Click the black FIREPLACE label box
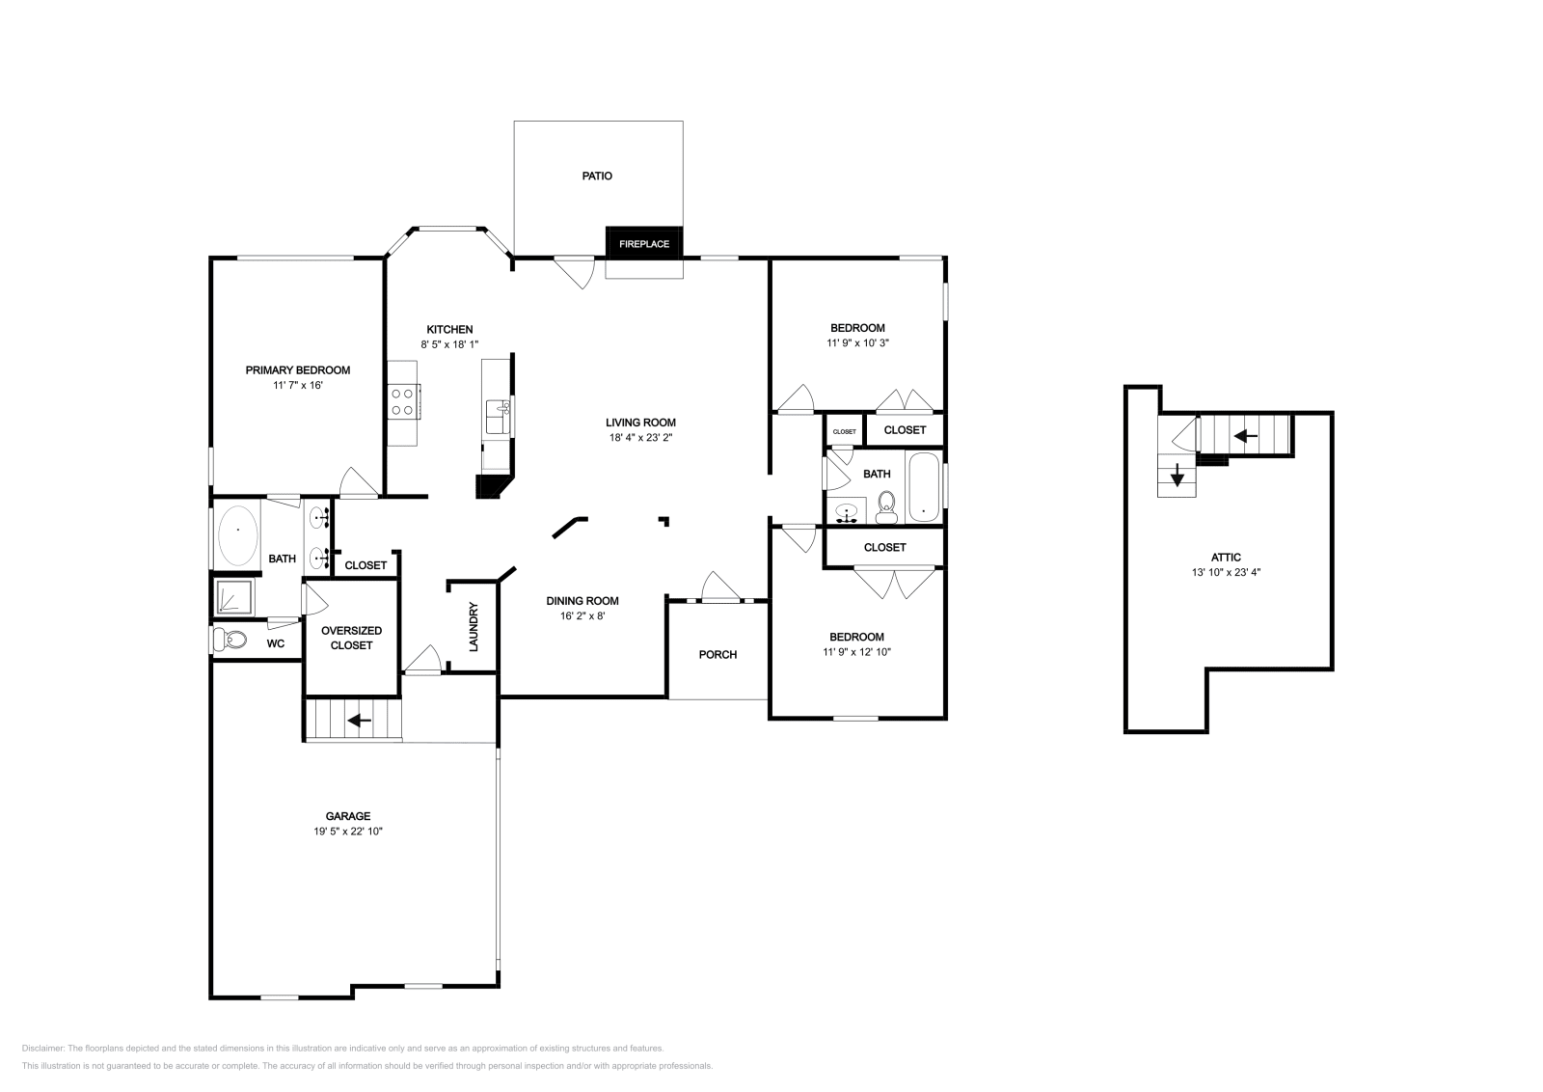pyautogui.click(x=644, y=244)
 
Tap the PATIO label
pyautogui.click(x=597, y=177)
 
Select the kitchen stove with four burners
pyautogui.click(x=403, y=401)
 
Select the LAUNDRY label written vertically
pyautogui.click(x=474, y=627)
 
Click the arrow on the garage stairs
pyautogui.click(x=359, y=720)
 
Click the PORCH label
pyautogui.click(x=717, y=654)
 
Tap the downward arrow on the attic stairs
pyautogui.click(x=1178, y=477)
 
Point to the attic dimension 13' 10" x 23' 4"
pyautogui.click(x=1227, y=572)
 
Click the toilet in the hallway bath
pyautogui.click(x=886, y=505)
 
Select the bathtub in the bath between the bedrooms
pyautogui.click(x=923, y=487)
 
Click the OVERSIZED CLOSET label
pyautogui.click(x=351, y=638)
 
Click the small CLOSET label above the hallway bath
pyautogui.click(x=844, y=431)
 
